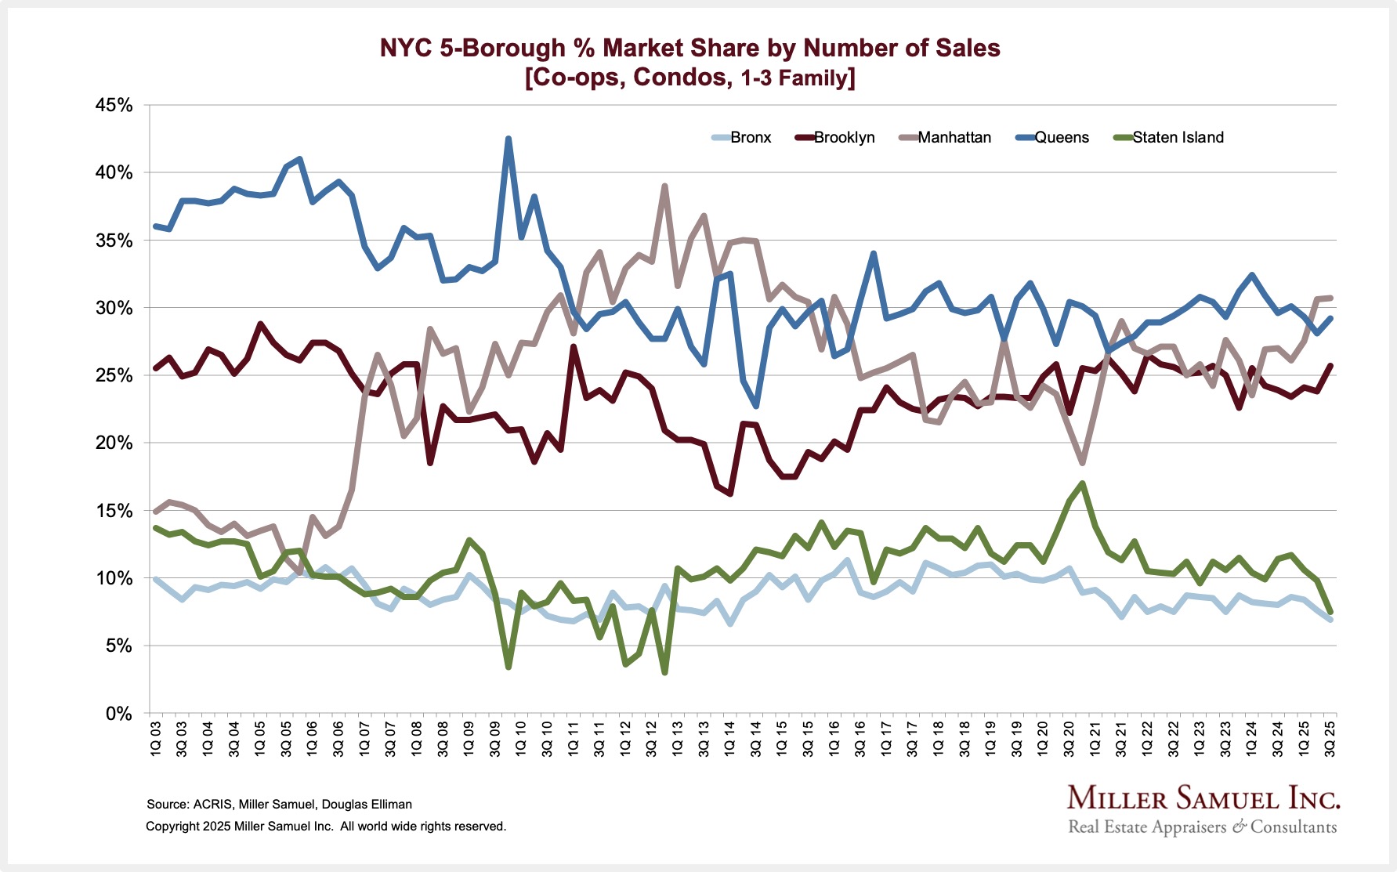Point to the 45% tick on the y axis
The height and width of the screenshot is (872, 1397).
point(114,105)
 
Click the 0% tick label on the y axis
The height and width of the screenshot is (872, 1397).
point(119,714)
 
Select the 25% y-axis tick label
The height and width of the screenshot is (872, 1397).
point(114,375)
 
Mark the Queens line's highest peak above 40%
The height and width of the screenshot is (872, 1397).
point(508,139)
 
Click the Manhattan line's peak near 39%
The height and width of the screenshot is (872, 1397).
point(664,186)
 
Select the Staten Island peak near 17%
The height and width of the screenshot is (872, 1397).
point(1082,483)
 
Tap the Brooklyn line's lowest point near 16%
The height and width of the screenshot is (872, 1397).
point(730,494)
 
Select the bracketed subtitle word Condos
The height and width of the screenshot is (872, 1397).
point(680,78)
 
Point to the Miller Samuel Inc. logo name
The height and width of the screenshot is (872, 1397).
point(1203,799)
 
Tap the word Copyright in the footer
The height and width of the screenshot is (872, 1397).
point(172,827)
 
